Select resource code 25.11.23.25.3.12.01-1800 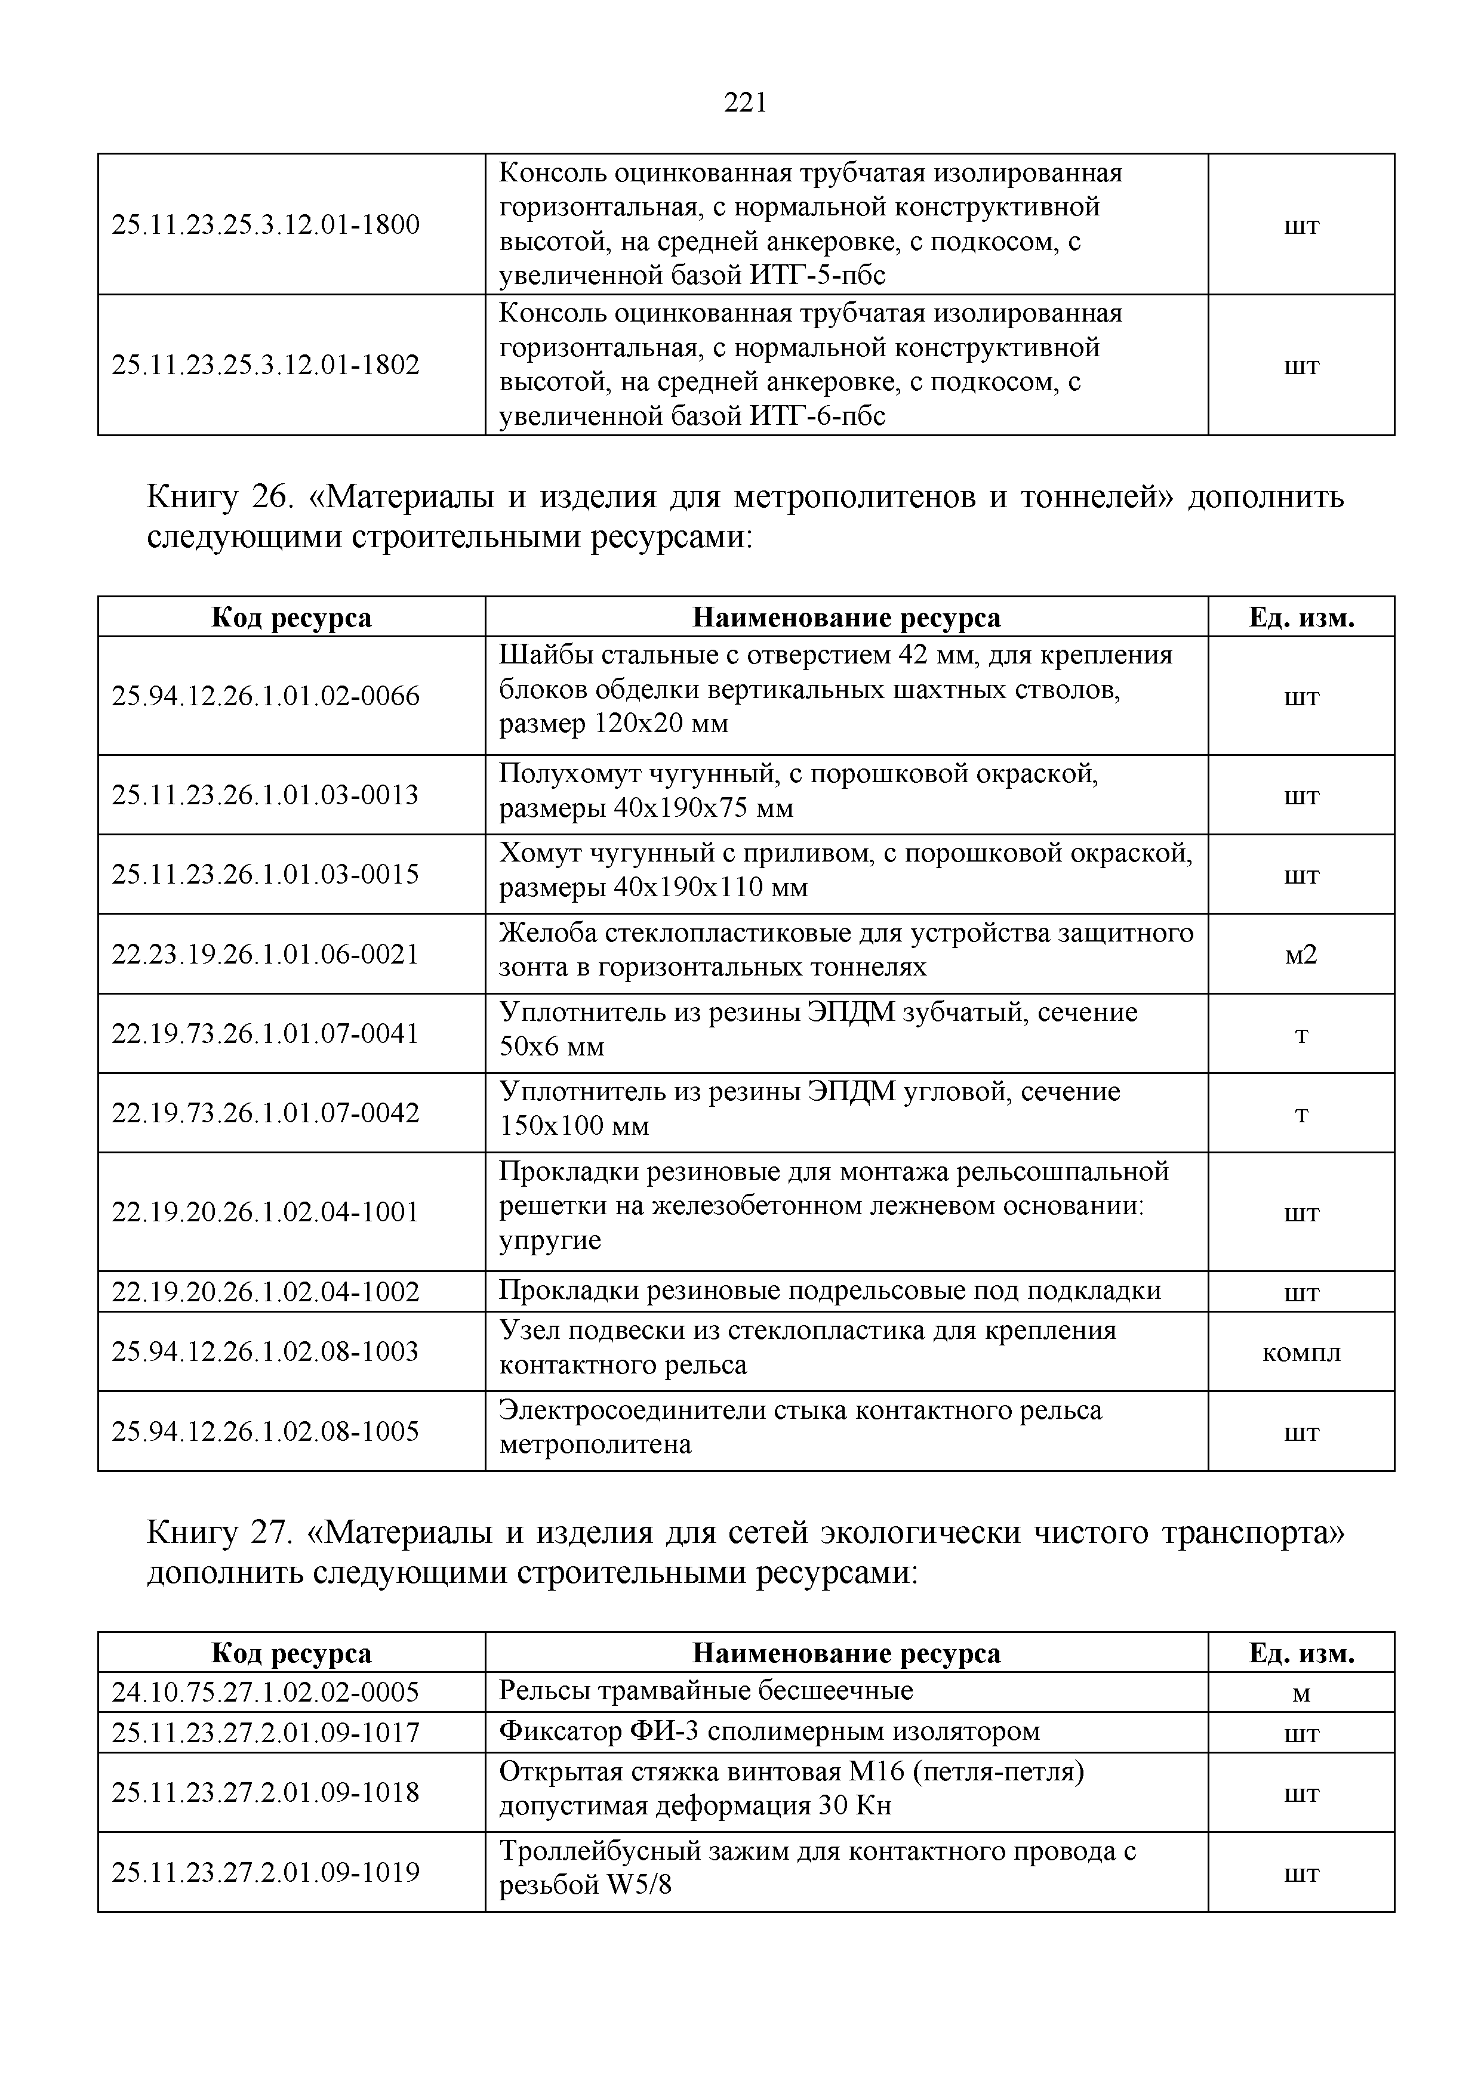coord(266,224)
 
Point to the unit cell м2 coord(1301,955)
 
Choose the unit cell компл coord(1301,1352)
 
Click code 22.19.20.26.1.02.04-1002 coord(266,1292)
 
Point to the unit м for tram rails coord(1301,1694)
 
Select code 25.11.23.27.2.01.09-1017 coord(266,1732)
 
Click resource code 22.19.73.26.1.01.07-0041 coord(266,1034)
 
